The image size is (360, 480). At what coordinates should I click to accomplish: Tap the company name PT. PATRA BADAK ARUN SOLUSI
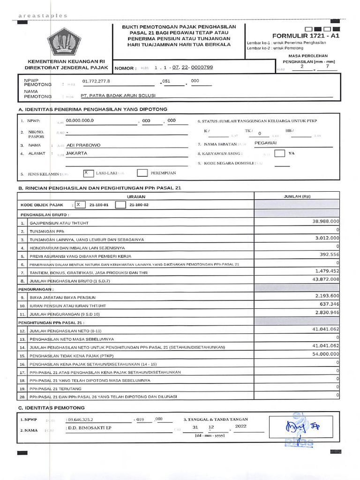pos(118,95)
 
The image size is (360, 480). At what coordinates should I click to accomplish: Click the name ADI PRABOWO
pos(84,145)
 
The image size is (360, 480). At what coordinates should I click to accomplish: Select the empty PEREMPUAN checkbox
pos(142,173)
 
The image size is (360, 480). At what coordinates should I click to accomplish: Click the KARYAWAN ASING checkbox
pos(279,153)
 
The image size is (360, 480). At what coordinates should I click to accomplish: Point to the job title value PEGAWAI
pos(266,142)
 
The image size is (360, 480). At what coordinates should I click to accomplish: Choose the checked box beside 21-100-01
pos(79,205)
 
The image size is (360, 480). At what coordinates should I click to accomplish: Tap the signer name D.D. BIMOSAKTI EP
pos(90,427)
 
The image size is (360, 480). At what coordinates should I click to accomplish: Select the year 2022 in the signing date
pos(240,427)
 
